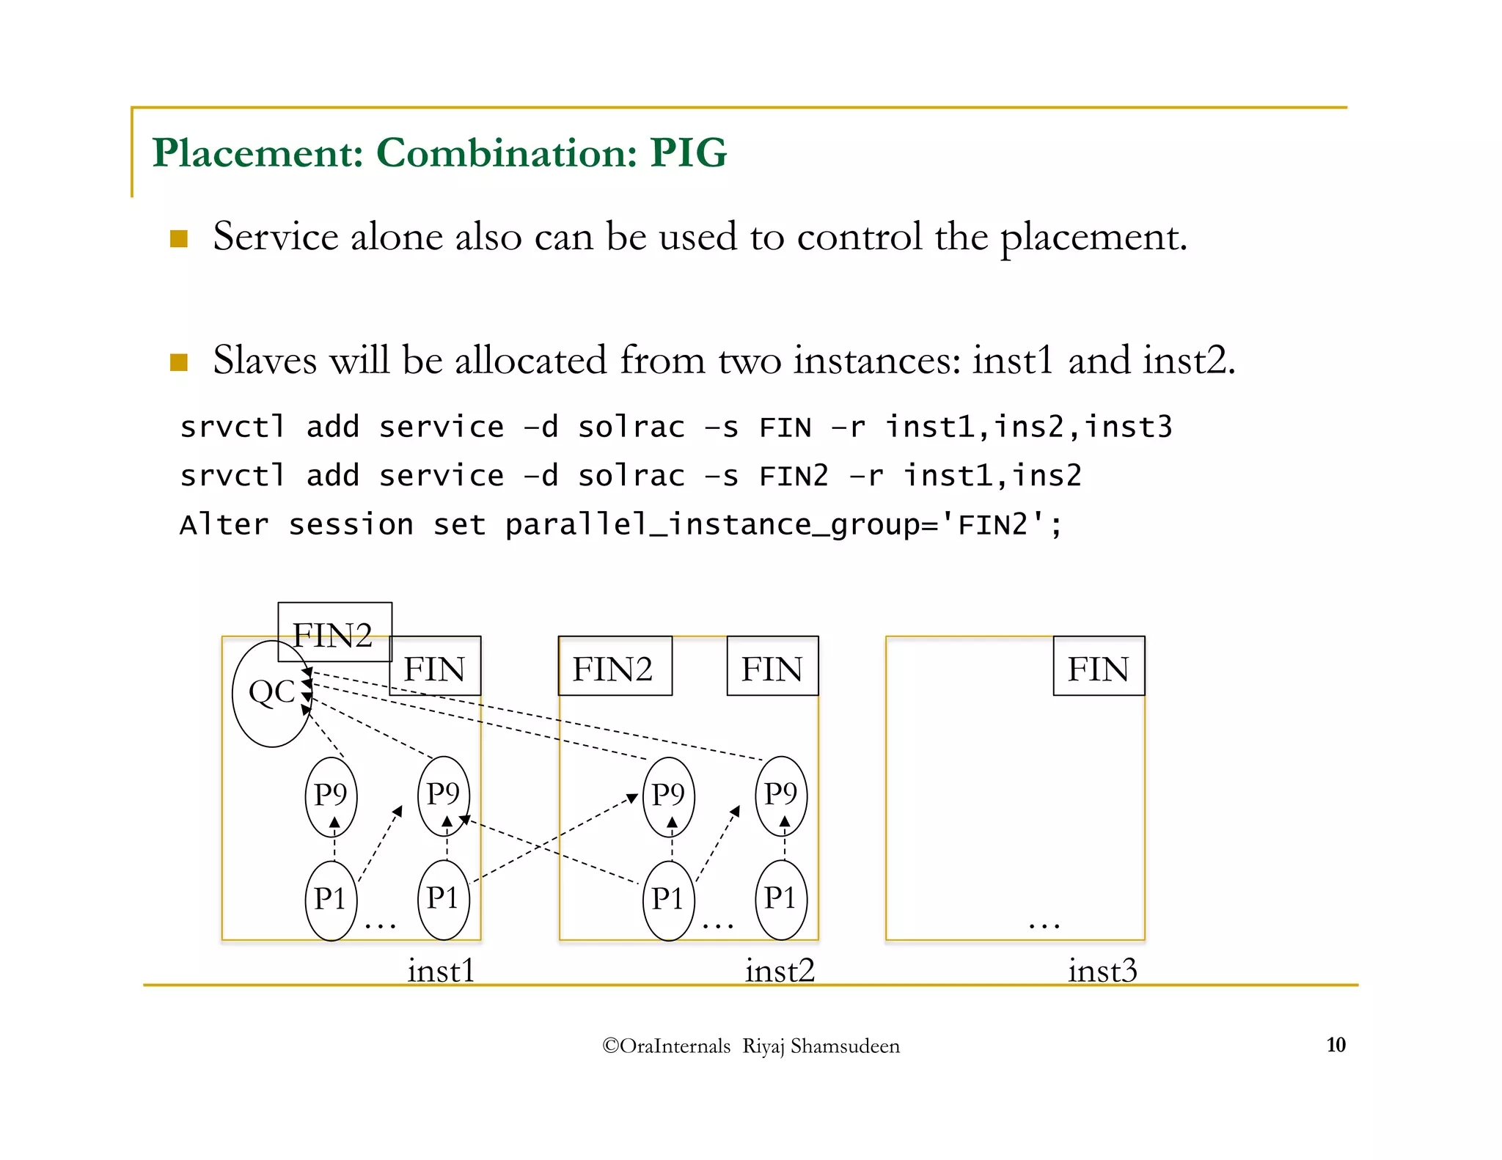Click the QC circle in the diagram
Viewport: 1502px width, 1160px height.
272,693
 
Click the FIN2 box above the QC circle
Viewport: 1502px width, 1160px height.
334,632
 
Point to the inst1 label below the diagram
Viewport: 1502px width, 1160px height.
441,971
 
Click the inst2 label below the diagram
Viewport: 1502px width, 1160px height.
780,971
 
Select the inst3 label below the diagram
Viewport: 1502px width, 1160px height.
1102,971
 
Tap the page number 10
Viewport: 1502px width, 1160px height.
1336,1045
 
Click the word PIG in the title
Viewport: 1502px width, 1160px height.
688,153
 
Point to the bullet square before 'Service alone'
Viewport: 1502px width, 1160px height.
179,239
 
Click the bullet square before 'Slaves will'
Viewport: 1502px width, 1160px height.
179,362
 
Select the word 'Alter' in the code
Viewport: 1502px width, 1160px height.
224,525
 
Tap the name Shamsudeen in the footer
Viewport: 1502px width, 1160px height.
845,1046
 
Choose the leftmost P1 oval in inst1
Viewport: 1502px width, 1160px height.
331,900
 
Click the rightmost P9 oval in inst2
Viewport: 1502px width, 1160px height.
781,796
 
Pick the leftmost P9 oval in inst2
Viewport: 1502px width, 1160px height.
668,796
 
